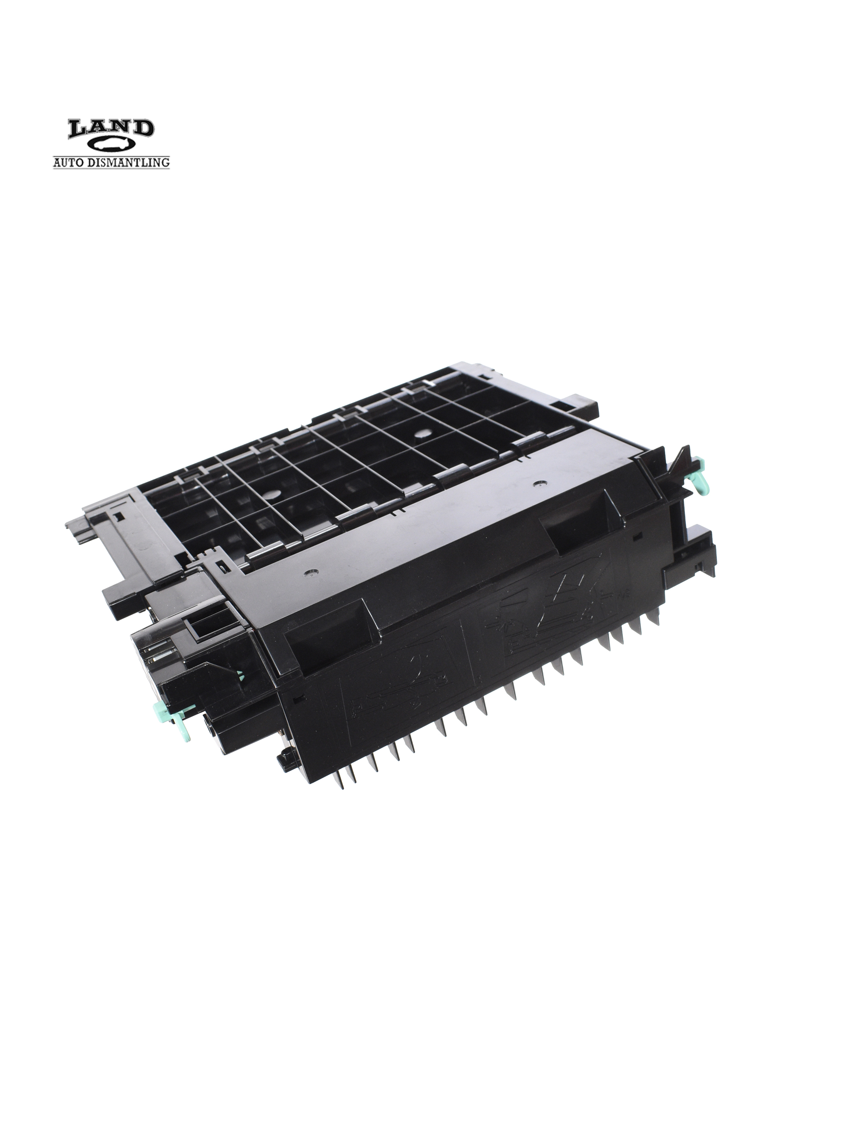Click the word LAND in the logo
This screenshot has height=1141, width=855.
point(111,129)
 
